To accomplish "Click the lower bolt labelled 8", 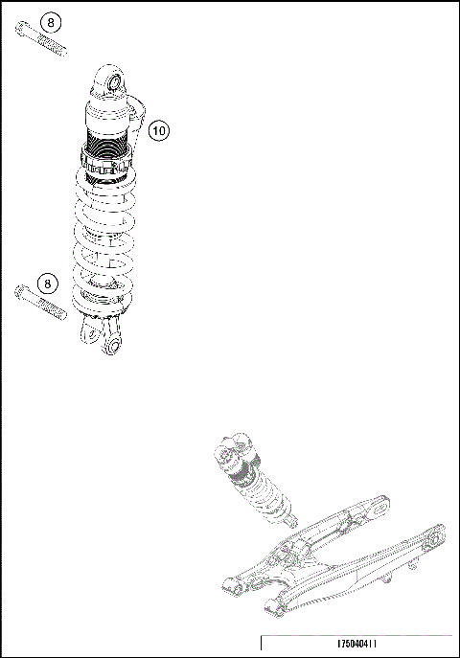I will coord(41,304).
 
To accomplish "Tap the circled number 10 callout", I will coord(159,128).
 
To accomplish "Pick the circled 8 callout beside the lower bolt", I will coord(47,282).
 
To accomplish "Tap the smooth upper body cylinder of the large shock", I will coord(107,118).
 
